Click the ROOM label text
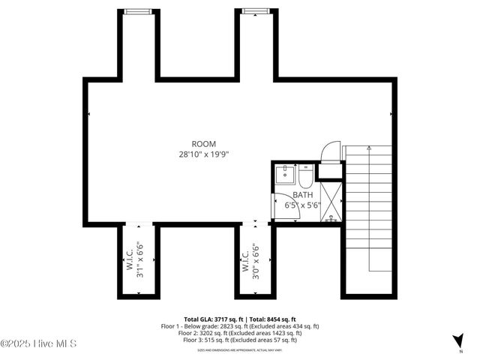click(x=203, y=144)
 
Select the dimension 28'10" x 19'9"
click(x=203, y=154)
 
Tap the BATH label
click(x=303, y=194)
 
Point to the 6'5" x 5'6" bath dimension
click(x=302, y=204)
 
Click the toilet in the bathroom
click(x=305, y=177)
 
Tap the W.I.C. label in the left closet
click(x=129, y=259)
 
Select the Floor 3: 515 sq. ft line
click(x=240, y=340)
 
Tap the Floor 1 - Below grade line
click(x=240, y=326)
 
